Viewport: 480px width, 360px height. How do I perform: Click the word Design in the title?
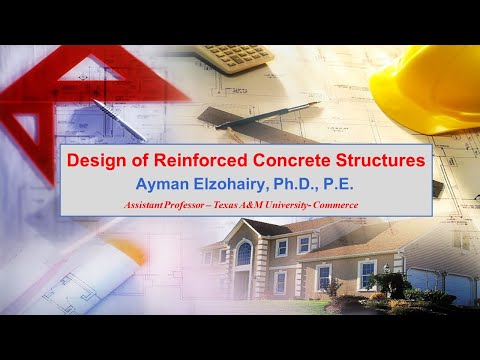pos(92,160)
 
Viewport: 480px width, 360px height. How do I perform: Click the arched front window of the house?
pos(244,252)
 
